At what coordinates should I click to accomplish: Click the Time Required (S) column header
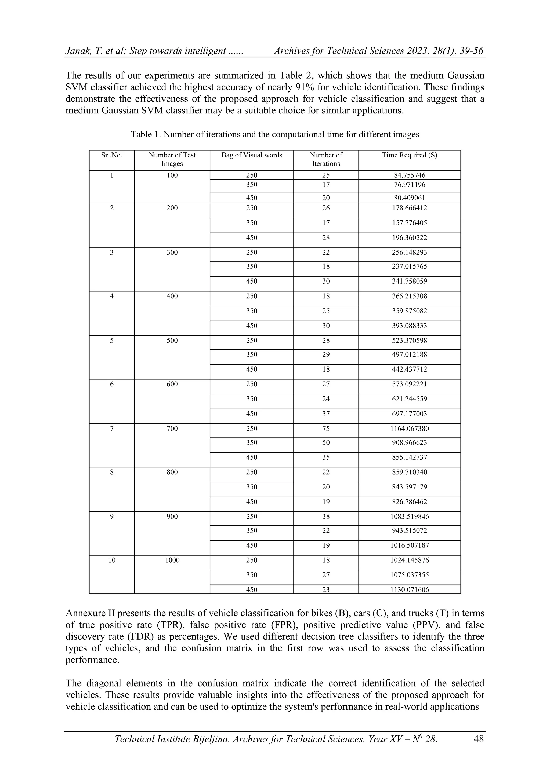(409, 155)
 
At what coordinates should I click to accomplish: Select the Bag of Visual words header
(252, 155)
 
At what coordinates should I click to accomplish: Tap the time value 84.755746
(409, 175)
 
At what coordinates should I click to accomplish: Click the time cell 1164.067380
(409, 428)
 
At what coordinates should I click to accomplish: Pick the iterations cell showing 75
(326, 428)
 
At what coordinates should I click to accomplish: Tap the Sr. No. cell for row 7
(112, 428)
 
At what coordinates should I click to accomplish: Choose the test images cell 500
(172, 340)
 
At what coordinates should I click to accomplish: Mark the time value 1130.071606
(409, 589)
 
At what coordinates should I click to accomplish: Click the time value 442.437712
(409, 369)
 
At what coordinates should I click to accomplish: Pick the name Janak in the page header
(77, 51)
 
